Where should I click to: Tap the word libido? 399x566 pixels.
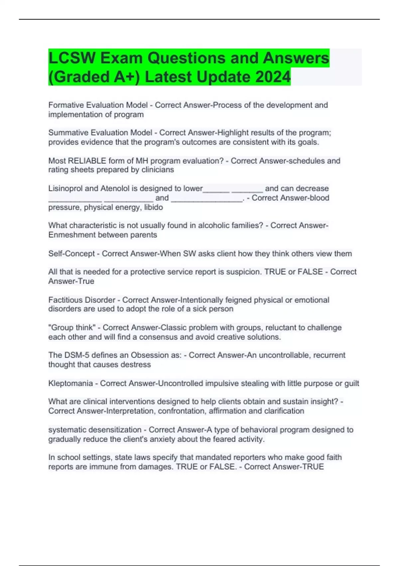click(153, 207)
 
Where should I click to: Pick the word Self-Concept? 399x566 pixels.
click(71, 253)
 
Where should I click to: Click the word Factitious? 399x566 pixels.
click(65, 300)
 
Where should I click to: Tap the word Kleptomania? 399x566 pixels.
click(70, 383)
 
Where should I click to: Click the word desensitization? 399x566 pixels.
click(114, 429)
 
